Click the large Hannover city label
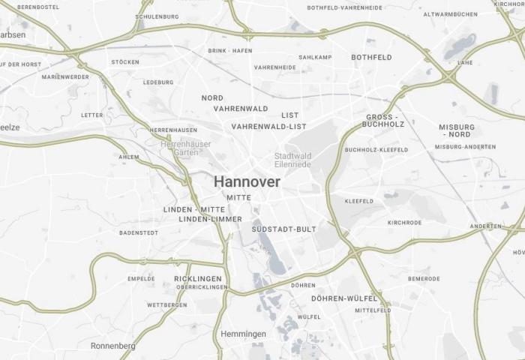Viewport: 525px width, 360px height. click(247, 181)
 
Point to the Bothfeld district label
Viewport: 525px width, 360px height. click(371, 57)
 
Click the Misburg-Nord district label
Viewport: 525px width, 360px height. click(457, 130)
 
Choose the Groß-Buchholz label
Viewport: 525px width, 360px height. click(385, 120)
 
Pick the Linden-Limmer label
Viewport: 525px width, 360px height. click(211, 219)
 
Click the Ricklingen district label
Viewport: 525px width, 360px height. click(198, 278)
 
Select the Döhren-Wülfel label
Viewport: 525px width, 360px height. click(343, 298)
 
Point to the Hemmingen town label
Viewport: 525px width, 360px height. click(243, 334)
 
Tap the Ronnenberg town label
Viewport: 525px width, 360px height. click(112, 346)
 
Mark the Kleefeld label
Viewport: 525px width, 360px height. click(358, 201)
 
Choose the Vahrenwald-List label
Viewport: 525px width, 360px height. click(269, 126)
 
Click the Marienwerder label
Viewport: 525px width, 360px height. click(65, 76)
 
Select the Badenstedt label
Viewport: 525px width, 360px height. click(138, 232)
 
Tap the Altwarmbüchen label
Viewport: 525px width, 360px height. click(450, 14)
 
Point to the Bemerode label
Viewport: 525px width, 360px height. click(424, 278)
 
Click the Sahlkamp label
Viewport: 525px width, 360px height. click(315, 57)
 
